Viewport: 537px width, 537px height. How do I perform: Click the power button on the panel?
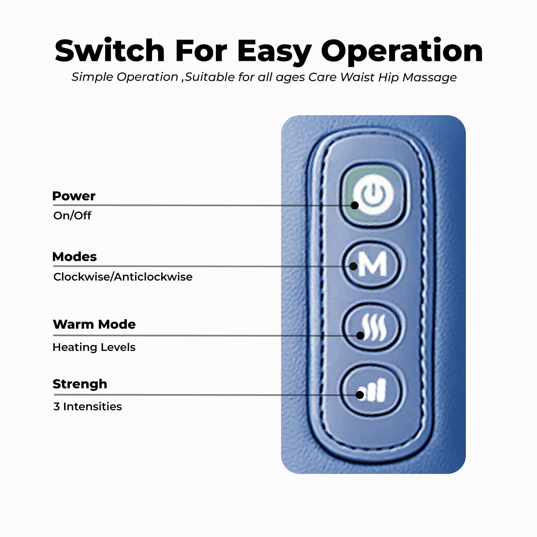tap(373, 195)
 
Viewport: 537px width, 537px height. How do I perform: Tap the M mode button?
tap(372, 264)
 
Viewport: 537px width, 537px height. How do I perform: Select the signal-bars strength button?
tap(372, 390)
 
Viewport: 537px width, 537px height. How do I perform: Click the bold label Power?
tap(74, 196)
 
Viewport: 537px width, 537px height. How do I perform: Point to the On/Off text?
tap(72, 216)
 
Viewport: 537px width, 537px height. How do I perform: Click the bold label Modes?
tap(74, 256)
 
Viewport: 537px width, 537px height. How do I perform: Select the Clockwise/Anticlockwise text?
tap(123, 277)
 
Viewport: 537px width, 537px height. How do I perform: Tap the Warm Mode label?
tap(94, 324)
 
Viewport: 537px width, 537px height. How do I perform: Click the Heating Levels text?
tap(94, 347)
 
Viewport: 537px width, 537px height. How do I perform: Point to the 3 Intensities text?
tap(88, 407)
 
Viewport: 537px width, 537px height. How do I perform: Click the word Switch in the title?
tap(110, 51)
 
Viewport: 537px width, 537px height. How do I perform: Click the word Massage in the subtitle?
tap(429, 77)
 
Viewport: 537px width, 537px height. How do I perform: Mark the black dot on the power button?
tap(354, 205)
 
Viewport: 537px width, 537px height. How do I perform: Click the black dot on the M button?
tap(353, 266)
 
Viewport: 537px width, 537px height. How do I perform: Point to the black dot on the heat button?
tap(360, 335)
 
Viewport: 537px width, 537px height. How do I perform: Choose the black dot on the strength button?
tap(360, 395)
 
